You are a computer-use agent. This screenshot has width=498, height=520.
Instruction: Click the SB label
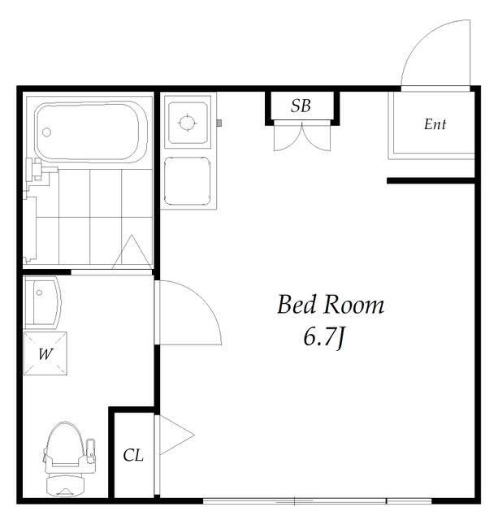(301, 106)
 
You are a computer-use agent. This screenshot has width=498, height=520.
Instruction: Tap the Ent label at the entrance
(435, 124)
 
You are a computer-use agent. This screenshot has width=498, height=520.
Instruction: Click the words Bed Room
(330, 305)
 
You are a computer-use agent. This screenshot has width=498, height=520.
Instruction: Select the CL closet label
(133, 455)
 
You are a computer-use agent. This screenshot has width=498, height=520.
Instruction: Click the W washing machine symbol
(45, 353)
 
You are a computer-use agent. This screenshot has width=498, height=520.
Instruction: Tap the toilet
(68, 459)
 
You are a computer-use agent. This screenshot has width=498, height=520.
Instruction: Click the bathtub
(91, 132)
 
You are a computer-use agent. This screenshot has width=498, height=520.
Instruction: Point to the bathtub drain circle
(47, 132)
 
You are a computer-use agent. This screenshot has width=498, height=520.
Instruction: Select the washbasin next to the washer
(42, 302)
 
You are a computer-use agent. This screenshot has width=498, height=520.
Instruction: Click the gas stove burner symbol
(188, 123)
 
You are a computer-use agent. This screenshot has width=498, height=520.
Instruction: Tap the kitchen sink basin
(188, 181)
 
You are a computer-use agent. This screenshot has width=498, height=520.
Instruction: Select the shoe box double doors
(302, 136)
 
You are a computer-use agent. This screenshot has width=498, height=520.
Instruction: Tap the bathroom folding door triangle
(132, 252)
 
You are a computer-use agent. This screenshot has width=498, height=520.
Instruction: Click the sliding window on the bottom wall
(318, 500)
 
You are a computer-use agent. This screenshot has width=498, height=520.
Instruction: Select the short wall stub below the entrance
(431, 180)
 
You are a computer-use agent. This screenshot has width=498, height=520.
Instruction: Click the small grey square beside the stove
(219, 123)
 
